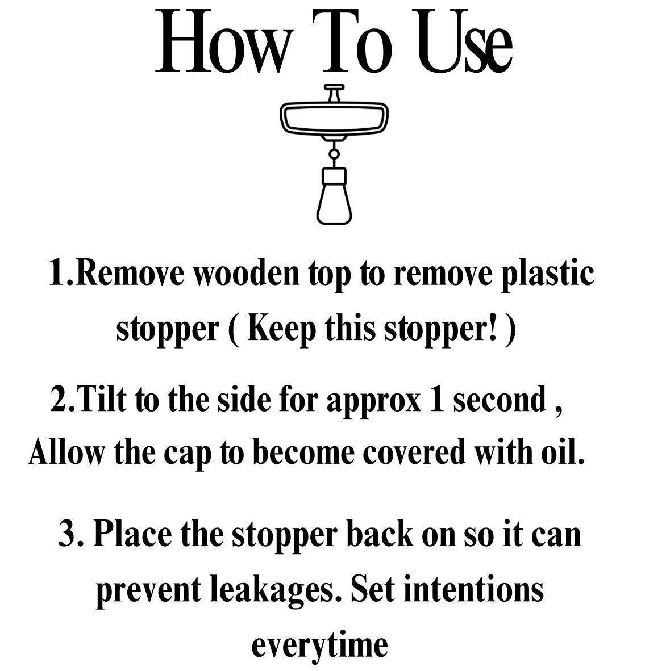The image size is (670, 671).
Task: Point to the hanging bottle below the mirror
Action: coord(334,197)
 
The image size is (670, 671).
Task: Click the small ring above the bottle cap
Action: coord(334,153)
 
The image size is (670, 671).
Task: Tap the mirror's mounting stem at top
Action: coord(334,93)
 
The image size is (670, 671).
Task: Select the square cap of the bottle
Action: coord(334,177)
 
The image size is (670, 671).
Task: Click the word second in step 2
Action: coord(500,400)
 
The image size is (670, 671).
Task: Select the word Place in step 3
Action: coord(132,533)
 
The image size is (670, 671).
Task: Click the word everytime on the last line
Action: coord(319,645)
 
